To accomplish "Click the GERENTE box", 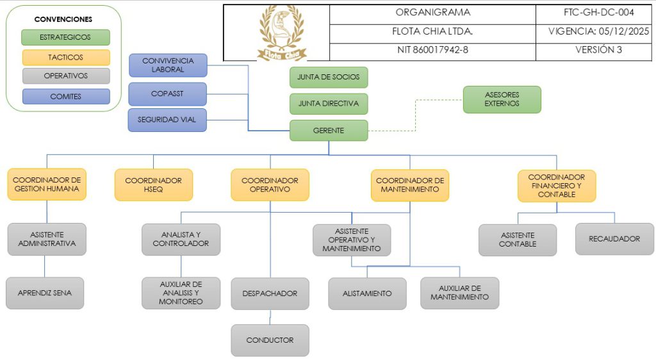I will point(329,131).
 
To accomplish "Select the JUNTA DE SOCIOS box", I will point(329,77).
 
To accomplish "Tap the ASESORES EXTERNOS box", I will point(502,99).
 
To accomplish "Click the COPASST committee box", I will point(167,94).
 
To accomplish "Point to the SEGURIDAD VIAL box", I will point(167,120).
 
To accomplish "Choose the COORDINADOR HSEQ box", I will point(153,184).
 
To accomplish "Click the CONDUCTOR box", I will point(270,340).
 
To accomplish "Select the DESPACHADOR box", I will point(270,293).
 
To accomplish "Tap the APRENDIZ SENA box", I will point(45,293).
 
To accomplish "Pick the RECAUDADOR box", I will point(614,239).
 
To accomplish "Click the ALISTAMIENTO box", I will point(367,293).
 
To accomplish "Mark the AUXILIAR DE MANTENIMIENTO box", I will point(459,293).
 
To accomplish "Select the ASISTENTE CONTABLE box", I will point(518,240).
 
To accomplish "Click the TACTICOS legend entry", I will point(65,57).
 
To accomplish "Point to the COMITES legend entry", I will point(65,97).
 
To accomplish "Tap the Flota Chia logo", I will point(282,33).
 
